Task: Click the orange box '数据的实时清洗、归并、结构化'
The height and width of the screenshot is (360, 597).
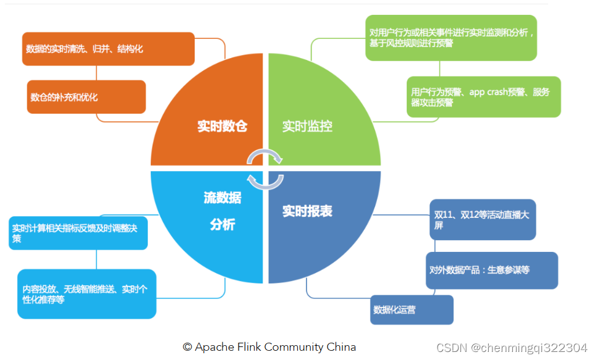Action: [x=109, y=48]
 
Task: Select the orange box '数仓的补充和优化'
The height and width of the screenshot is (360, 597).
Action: [x=87, y=97]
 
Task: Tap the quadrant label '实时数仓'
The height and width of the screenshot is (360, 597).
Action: [x=222, y=127]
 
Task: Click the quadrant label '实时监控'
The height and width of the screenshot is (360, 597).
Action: [x=307, y=127]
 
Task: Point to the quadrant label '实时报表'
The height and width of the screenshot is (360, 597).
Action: [x=307, y=211]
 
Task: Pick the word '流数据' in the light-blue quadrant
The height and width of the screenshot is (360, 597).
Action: [x=222, y=198]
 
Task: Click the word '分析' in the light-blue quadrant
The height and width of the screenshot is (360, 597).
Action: [x=222, y=225]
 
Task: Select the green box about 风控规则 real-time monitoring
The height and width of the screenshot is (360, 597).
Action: [x=451, y=38]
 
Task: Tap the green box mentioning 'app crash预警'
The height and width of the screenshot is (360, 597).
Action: [x=483, y=97]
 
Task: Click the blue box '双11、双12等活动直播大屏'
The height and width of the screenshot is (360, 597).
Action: [x=481, y=220]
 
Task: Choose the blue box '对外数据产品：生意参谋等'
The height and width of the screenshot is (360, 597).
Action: [x=491, y=270]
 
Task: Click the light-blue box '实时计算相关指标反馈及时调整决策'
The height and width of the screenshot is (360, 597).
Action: [x=78, y=233]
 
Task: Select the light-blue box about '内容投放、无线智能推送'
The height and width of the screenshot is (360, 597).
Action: [x=87, y=294]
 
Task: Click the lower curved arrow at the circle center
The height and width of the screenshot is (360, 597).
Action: [x=265, y=181]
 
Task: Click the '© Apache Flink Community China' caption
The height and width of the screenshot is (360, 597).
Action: [x=269, y=347]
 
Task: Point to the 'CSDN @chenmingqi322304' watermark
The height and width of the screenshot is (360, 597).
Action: [x=512, y=348]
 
